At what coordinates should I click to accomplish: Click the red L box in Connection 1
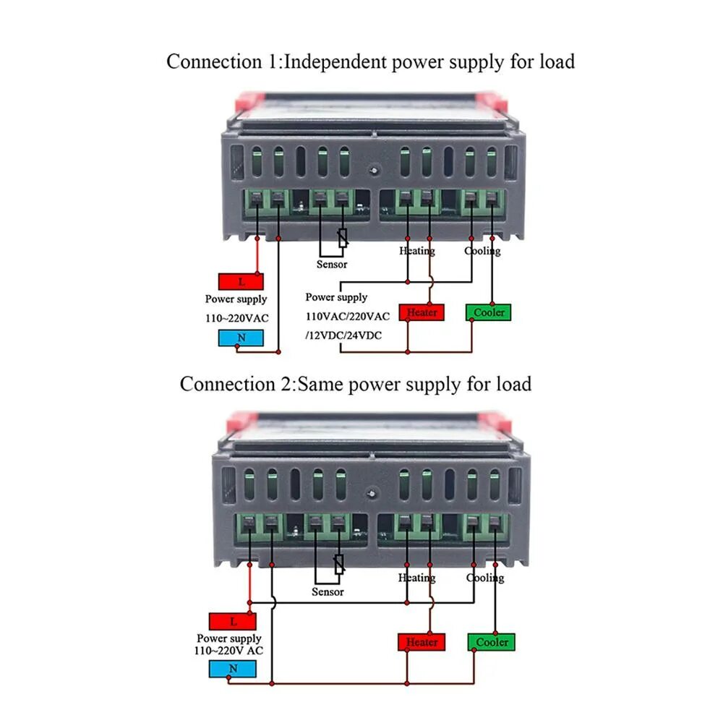(x=241, y=281)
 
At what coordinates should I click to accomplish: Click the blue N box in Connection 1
(x=241, y=337)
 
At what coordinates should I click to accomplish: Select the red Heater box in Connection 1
(x=422, y=312)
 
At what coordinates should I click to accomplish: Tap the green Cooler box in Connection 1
(x=489, y=312)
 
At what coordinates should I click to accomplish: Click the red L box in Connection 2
(x=233, y=621)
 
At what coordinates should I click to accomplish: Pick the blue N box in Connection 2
(x=233, y=669)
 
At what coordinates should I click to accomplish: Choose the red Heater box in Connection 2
(x=422, y=641)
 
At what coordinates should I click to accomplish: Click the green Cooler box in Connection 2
(x=492, y=641)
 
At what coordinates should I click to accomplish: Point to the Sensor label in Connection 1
(x=332, y=265)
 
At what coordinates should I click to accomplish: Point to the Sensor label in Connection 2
(x=328, y=592)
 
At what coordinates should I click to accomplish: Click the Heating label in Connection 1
(x=417, y=251)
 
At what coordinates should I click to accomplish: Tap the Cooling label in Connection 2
(x=485, y=578)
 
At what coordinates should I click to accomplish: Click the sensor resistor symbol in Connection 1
(x=343, y=237)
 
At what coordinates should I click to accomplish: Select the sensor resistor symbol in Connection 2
(x=338, y=564)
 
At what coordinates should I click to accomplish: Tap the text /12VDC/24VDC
(x=344, y=335)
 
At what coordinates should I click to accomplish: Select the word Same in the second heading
(x=320, y=383)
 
